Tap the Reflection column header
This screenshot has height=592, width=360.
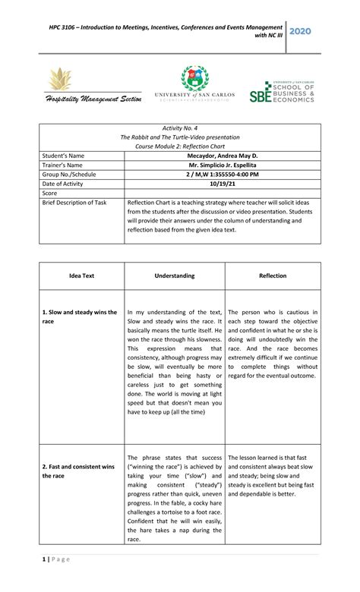coord(273,276)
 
